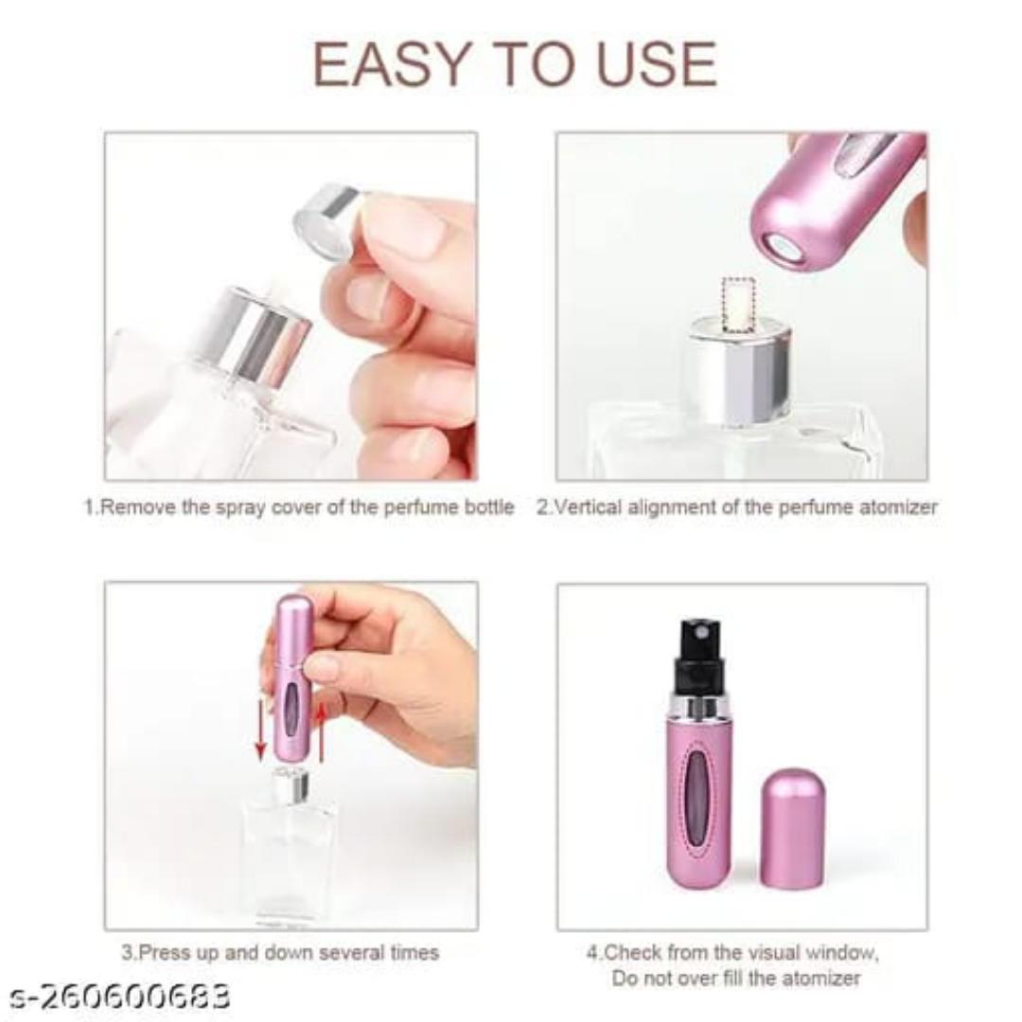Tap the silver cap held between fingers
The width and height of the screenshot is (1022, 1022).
point(326,220)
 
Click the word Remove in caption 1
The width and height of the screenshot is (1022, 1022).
point(138,507)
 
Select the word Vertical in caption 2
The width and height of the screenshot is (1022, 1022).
point(586,507)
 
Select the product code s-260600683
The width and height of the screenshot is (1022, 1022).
point(120,996)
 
